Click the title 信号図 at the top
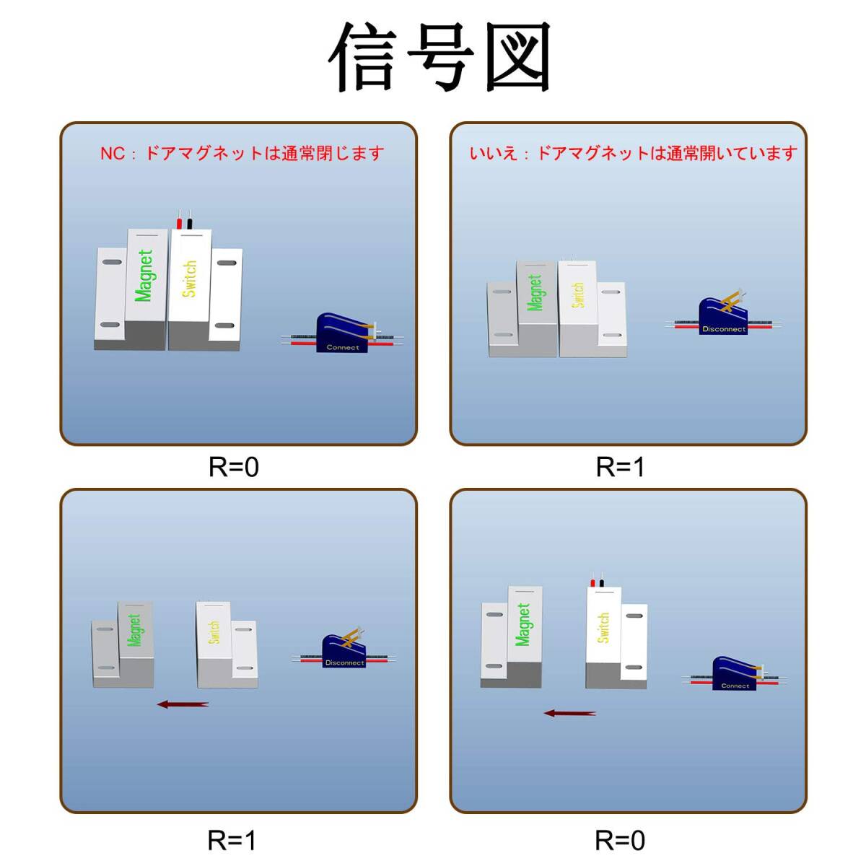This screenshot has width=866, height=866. [439, 57]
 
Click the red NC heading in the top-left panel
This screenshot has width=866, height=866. [242, 154]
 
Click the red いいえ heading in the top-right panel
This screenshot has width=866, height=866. [633, 154]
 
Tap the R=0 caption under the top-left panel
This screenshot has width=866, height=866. [234, 467]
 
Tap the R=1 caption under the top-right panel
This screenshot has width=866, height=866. [620, 467]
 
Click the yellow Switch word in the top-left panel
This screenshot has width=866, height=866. [189, 278]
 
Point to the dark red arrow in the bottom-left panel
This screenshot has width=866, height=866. [183, 704]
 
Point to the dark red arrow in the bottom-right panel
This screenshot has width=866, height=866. [570, 713]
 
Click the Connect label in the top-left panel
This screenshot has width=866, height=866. [343, 347]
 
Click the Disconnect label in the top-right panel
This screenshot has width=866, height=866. [724, 329]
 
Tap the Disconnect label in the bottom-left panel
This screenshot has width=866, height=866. [345, 662]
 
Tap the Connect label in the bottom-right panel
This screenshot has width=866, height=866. [735, 686]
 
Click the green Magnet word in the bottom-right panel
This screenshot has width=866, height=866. [523, 624]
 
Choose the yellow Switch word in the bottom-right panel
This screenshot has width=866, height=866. [603, 628]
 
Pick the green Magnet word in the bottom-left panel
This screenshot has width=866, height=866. [134, 630]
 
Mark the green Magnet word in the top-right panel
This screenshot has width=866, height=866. [535, 293]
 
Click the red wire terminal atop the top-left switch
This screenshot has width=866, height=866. [179, 223]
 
